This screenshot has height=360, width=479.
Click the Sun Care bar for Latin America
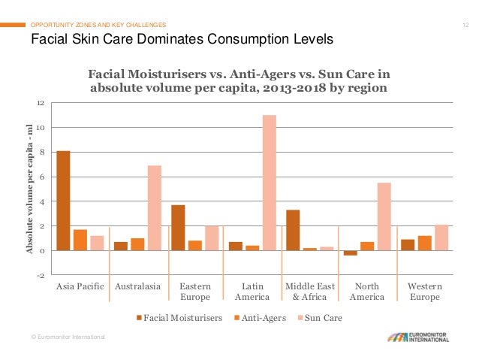[270, 183]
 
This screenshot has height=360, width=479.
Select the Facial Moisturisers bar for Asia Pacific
[63, 201]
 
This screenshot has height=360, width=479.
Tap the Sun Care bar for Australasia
[154, 208]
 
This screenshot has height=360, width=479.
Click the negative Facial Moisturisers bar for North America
[351, 253]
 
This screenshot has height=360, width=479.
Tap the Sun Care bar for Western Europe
[441, 237]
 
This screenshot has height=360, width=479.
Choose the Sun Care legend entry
[321, 318]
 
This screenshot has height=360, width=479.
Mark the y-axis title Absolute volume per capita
[30, 189]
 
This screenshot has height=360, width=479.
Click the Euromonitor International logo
[422, 337]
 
